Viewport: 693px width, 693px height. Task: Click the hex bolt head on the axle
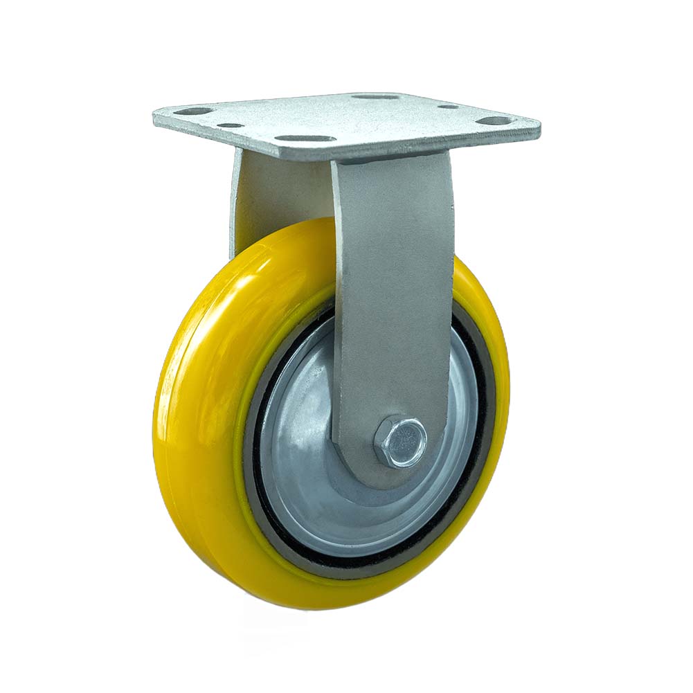[400, 441]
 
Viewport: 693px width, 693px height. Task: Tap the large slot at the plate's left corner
[192, 111]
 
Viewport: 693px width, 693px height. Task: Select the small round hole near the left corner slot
[230, 126]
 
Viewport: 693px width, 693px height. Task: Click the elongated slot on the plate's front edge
[305, 138]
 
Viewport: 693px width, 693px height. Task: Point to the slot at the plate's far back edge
[375, 96]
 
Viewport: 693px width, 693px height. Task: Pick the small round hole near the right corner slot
[448, 107]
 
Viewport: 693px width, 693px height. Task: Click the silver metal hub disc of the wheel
[305, 443]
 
